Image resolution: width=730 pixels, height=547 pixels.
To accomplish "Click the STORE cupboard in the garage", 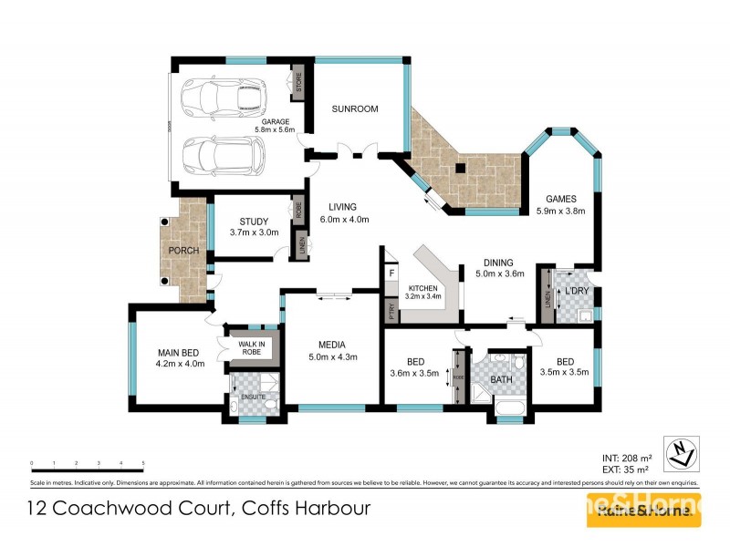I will pos(298,83).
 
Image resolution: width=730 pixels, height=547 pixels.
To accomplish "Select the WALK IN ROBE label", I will pos(251,347).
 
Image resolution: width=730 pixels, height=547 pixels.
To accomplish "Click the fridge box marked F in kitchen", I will pos(391,272).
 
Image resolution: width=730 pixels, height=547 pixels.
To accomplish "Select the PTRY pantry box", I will pos(391,310).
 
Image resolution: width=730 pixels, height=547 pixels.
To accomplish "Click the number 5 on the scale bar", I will pos(143,463).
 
